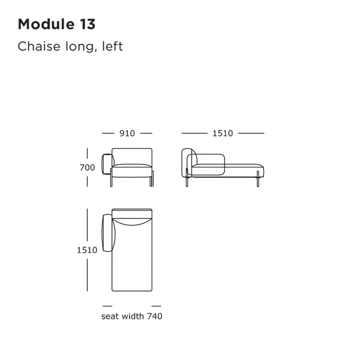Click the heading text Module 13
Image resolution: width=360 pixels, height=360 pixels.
coord(56,24)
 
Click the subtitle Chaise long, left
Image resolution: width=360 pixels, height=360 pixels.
coord(70,46)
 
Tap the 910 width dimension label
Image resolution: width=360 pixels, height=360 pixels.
coord(127,133)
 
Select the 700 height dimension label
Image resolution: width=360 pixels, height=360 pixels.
coord(87,167)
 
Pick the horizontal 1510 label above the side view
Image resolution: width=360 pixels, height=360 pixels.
coord(223,133)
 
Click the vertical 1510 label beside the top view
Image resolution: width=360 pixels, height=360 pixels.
coord(87,250)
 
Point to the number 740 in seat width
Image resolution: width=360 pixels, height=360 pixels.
coord(155,316)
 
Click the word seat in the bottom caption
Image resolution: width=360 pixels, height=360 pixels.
coord(110,316)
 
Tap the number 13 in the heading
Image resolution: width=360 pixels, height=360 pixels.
coord(87,24)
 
